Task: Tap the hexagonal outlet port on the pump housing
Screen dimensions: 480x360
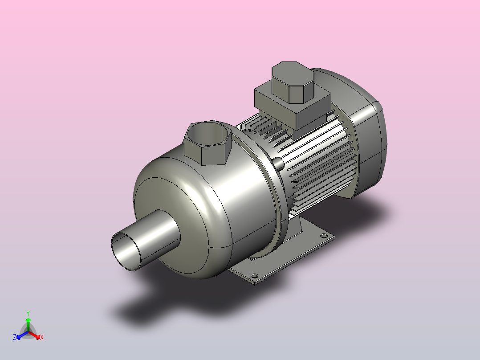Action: tap(207, 143)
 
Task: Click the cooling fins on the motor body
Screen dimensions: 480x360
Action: tap(315, 160)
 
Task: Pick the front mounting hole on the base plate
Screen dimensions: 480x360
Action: tap(254, 276)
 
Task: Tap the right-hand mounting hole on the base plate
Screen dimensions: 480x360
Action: tap(324, 236)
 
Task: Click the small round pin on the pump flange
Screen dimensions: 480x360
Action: tap(278, 164)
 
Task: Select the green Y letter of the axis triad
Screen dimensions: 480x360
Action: tap(28, 313)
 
